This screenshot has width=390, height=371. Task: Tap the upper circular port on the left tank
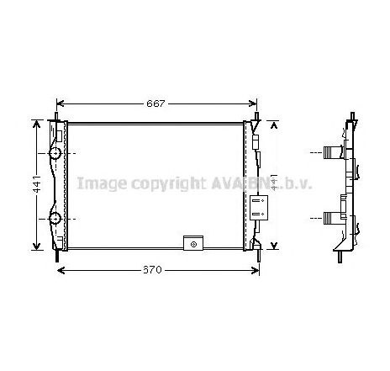click(x=55, y=154)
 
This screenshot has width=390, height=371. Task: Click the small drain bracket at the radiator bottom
click(x=194, y=245)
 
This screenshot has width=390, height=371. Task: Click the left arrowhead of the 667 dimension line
click(x=60, y=103)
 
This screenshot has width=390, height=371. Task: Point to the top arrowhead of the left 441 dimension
click(x=36, y=124)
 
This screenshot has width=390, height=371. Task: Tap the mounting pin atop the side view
click(x=348, y=120)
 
